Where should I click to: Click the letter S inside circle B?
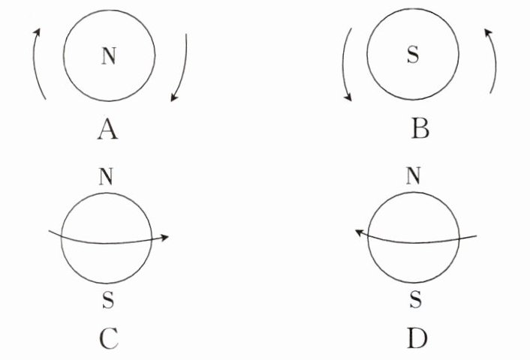pyautogui.click(x=412, y=55)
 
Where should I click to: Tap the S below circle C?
pyautogui.click(x=107, y=301)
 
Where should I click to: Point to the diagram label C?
pyautogui.click(x=107, y=340)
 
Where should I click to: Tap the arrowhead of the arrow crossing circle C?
pyautogui.click(x=164, y=237)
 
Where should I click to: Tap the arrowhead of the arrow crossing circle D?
pyautogui.click(x=360, y=234)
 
